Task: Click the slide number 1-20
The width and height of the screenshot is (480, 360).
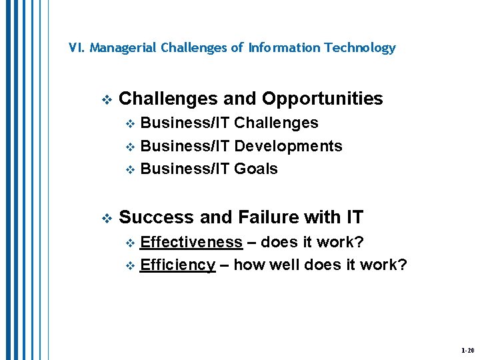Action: point(467,350)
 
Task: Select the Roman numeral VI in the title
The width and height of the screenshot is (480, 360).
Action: point(76,48)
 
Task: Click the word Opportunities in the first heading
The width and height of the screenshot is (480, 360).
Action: point(322,99)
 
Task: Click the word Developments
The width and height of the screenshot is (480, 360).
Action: point(289,146)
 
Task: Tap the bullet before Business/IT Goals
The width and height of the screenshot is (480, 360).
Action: point(131,170)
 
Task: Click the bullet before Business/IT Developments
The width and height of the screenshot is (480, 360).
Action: point(131,147)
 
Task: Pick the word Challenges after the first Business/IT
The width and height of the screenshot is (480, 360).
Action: point(277,123)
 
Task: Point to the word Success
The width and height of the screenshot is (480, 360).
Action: point(156,217)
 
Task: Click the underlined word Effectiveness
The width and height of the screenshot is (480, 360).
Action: point(191,241)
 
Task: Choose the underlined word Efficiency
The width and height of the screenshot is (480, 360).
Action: point(178,265)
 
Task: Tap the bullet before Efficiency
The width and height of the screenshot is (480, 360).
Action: point(131,266)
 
